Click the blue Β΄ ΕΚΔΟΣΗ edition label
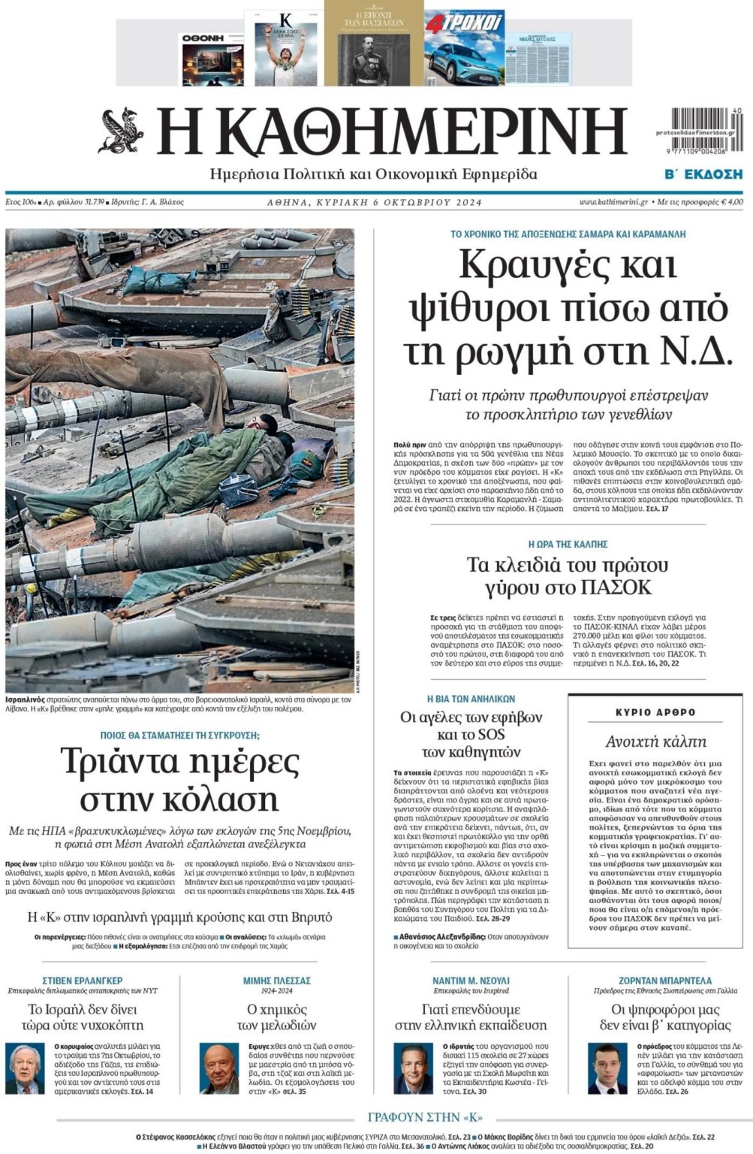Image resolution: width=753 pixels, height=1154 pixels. (703, 174)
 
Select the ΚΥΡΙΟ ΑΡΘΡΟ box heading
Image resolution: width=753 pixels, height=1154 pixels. (655, 711)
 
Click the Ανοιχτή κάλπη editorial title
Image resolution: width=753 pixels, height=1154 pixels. (655, 742)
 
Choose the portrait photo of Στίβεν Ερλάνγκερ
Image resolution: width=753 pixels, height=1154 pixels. (26, 1068)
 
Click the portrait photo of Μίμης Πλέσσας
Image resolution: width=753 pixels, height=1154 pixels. (220, 1068)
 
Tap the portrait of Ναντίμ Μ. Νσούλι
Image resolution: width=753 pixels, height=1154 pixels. (414, 1068)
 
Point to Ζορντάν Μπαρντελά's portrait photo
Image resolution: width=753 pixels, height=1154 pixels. (607, 1068)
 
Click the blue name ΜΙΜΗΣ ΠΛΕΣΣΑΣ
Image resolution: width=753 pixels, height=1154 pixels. (276, 980)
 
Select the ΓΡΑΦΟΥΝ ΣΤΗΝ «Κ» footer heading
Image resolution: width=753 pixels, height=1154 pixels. (425, 1116)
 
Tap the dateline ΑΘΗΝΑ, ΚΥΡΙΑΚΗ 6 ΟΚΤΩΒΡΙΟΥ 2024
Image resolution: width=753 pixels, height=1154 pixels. (375, 202)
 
